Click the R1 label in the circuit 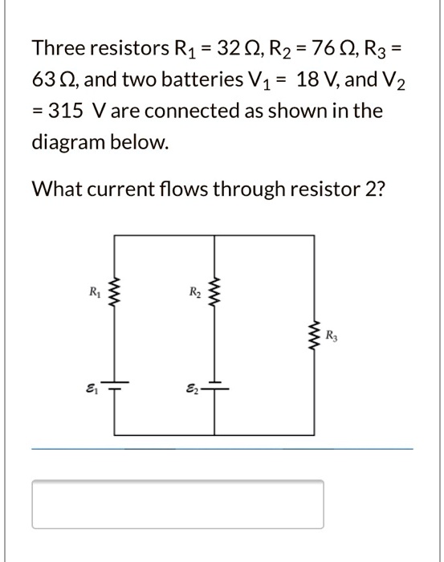[95, 291]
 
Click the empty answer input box [177, 503]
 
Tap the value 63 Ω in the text [52, 80]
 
